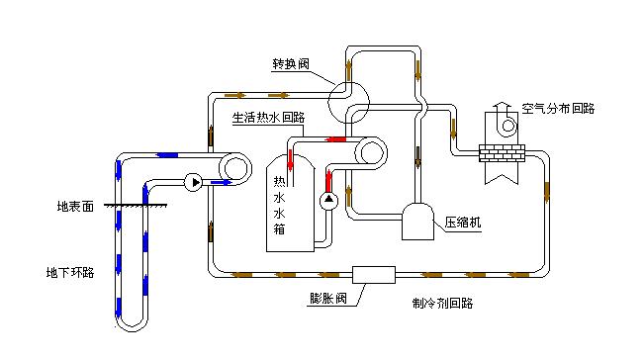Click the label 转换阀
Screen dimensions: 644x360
[291, 64]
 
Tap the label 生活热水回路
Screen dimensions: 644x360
[269, 118]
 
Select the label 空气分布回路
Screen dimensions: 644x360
[558, 109]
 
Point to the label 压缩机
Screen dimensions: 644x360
[462, 223]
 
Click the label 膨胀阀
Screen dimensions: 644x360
[327, 298]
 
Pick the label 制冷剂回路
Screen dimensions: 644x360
[442, 303]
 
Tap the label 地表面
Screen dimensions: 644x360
[75, 206]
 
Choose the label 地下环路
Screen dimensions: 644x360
[70, 272]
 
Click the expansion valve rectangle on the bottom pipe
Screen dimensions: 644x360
[374, 275]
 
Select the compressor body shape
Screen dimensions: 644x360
[417, 222]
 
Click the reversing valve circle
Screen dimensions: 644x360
[348, 103]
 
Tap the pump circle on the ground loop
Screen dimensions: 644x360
[194, 182]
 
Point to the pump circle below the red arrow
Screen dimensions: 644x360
[328, 201]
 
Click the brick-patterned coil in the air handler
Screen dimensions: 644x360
[502, 153]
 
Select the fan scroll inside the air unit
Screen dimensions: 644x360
[508, 124]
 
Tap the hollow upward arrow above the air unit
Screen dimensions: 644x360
[502, 108]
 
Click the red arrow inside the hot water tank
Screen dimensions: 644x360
[291, 161]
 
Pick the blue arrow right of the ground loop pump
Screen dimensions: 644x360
[222, 182]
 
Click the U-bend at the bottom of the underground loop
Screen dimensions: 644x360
[132, 323]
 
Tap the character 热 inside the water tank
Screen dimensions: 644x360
[279, 181]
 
